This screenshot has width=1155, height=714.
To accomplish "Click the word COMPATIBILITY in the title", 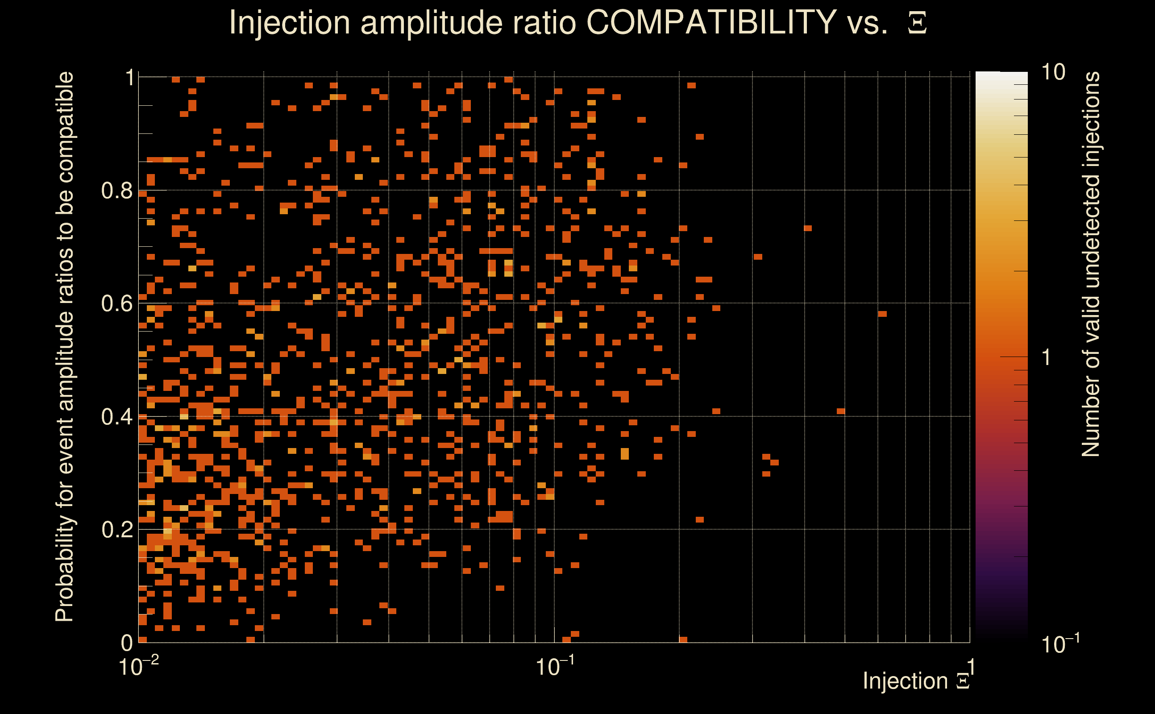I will click(711, 22).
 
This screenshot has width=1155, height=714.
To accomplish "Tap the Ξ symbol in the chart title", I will click(917, 23).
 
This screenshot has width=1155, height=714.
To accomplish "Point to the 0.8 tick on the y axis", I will click(116, 191).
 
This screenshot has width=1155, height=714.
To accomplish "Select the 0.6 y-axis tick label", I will click(116, 303).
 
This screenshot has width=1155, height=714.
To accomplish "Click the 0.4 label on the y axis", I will click(116, 417).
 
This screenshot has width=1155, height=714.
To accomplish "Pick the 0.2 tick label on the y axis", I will click(116, 530).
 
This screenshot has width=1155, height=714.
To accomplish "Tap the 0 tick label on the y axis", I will click(127, 643).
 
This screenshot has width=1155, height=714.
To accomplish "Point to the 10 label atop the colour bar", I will click(1053, 73).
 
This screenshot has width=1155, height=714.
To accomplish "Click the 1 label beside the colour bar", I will click(1047, 357).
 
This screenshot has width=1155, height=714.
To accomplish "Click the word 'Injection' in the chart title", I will click(289, 22).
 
